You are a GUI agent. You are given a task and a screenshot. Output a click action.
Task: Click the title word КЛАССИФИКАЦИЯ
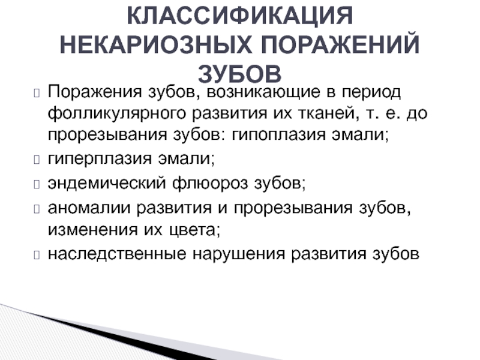(x=240, y=16)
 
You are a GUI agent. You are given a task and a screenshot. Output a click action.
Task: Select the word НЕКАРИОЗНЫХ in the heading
(x=156, y=45)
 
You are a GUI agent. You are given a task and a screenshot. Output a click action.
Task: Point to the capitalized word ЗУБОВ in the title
(x=239, y=74)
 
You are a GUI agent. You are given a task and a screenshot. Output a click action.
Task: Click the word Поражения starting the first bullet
(x=95, y=92)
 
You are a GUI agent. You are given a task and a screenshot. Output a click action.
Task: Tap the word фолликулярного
(x=117, y=113)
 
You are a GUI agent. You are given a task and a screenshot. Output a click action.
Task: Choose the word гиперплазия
(x=100, y=159)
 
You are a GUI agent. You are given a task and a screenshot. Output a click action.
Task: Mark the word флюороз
(x=210, y=184)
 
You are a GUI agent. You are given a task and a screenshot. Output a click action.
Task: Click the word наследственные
(x=117, y=254)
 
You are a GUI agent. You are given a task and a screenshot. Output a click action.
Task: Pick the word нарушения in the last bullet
(x=239, y=254)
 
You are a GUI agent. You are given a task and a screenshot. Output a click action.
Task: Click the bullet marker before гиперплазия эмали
(x=37, y=160)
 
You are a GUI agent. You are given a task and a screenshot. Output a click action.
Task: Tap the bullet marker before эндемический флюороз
(x=37, y=184)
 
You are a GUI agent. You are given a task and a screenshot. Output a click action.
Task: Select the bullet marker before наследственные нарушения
(x=37, y=254)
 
